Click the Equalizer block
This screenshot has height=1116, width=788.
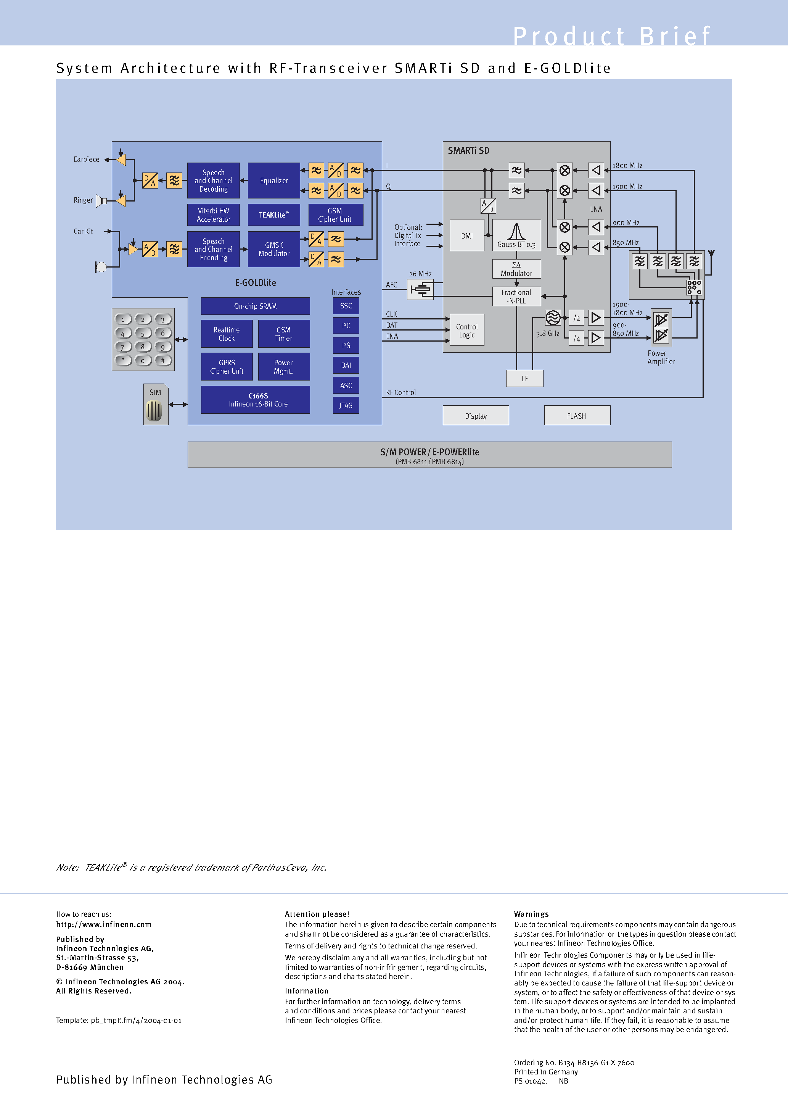click(x=273, y=180)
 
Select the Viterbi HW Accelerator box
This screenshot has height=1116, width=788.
click(x=213, y=215)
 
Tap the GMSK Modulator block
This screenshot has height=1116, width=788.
click(x=273, y=249)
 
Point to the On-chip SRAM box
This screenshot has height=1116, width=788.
click(x=255, y=306)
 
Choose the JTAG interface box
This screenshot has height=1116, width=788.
click(x=346, y=405)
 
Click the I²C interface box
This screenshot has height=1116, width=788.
click(x=346, y=326)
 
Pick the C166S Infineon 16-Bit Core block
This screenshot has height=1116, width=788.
click(x=255, y=400)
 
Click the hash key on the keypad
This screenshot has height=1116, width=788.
click(x=163, y=360)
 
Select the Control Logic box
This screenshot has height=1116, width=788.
click(x=466, y=331)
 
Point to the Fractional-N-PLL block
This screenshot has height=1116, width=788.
click(x=516, y=297)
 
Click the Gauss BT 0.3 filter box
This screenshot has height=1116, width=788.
click(x=516, y=235)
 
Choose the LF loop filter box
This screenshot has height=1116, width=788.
click(x=525, y=379)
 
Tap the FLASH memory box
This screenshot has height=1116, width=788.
click(x=577, y=416)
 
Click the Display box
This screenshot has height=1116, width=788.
click(x=476, y=416)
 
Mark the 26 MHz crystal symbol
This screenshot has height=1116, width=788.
click(x=420, y=290)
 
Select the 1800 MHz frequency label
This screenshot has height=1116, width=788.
click(x=627, y=166)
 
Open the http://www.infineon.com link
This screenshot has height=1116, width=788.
click(x=103, y=924)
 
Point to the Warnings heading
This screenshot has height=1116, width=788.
click(x=531, y=914)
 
